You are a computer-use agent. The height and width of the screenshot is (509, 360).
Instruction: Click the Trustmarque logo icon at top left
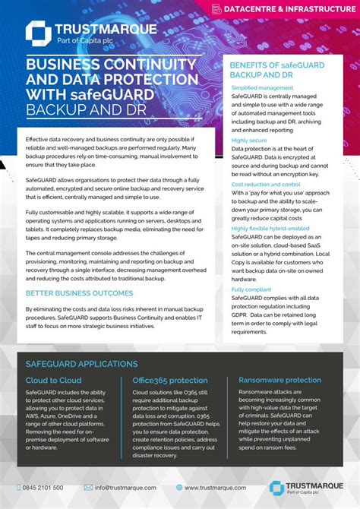38,34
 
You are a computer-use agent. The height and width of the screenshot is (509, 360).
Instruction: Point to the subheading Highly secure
250,141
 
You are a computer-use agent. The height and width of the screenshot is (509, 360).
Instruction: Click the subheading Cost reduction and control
266,184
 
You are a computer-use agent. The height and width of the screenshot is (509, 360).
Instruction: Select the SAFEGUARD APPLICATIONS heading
81,364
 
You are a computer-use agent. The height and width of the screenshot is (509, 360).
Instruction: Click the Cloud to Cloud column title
54,381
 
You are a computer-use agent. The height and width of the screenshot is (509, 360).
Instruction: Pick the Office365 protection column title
170,381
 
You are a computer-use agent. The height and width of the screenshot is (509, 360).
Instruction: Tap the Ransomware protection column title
279,381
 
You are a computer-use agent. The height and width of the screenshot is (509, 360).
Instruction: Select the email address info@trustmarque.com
125,487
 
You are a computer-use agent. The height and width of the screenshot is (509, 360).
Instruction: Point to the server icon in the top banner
216,9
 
